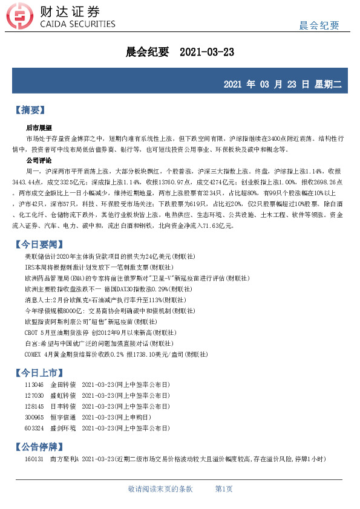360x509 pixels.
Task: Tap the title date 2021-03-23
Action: (207, 53)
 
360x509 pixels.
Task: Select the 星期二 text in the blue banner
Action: (327, 84)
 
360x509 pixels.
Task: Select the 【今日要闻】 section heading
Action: (38, 244)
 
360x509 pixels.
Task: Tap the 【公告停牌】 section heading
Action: (38, 447)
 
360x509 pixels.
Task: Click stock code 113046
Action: (34, 384)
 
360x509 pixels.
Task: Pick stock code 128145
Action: (34, 406)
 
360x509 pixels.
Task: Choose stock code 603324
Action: (34, 429)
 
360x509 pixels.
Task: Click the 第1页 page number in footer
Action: (224, 488)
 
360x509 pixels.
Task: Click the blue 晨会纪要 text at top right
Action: (319, 25)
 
